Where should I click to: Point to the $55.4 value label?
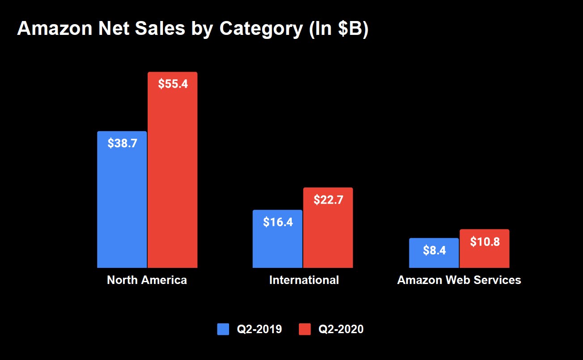tap(173, 84)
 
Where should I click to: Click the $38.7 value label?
tap(122, 144)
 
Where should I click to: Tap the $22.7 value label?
tap(328, 200)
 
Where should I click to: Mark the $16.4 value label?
tap(278, 222)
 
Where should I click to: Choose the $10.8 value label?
tap(485, 242)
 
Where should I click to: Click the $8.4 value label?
tap(434, 250)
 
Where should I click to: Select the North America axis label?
tap(147, 280)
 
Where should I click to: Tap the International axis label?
tap(304, 280)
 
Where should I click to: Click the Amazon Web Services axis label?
tap(459, 280)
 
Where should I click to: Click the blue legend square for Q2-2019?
tap(223, 329)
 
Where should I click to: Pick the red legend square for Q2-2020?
tap(304, 329)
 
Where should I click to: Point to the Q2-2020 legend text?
tap(340, 330)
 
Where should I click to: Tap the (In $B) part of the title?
tap(338, 29)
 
